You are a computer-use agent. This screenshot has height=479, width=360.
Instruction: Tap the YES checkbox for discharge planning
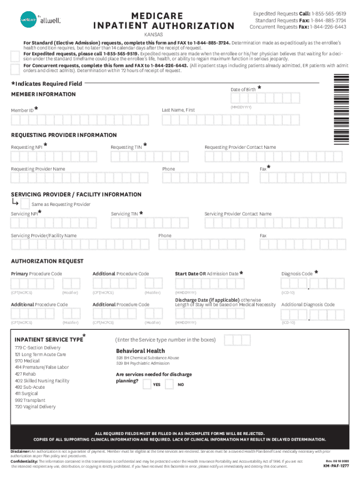[x=147, y=385]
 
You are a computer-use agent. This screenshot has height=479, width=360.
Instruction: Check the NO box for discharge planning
[x=169, y=385]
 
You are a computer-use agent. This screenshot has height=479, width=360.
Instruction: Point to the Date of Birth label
[x=243, y=89]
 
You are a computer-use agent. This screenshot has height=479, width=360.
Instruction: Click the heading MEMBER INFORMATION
[x=43, y=94]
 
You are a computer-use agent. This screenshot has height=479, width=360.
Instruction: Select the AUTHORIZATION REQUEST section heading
[x=47, y=261]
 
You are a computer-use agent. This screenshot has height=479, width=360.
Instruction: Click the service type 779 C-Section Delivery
[x=37, y=348]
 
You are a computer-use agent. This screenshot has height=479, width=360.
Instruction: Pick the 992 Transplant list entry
[x=30, y=400]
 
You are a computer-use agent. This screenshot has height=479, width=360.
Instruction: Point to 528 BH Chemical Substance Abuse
[x=147, y=358]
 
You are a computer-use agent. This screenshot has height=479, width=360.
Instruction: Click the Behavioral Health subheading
[x=140, y=351]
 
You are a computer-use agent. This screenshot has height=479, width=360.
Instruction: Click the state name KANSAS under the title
[x=150, y=35]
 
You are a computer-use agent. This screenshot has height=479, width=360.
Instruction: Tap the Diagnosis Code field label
[x=297, y=274]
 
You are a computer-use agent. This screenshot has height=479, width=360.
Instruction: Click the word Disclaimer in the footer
[x=21, y=451]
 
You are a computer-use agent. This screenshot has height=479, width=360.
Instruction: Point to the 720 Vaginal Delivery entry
[x=35, y=407]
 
